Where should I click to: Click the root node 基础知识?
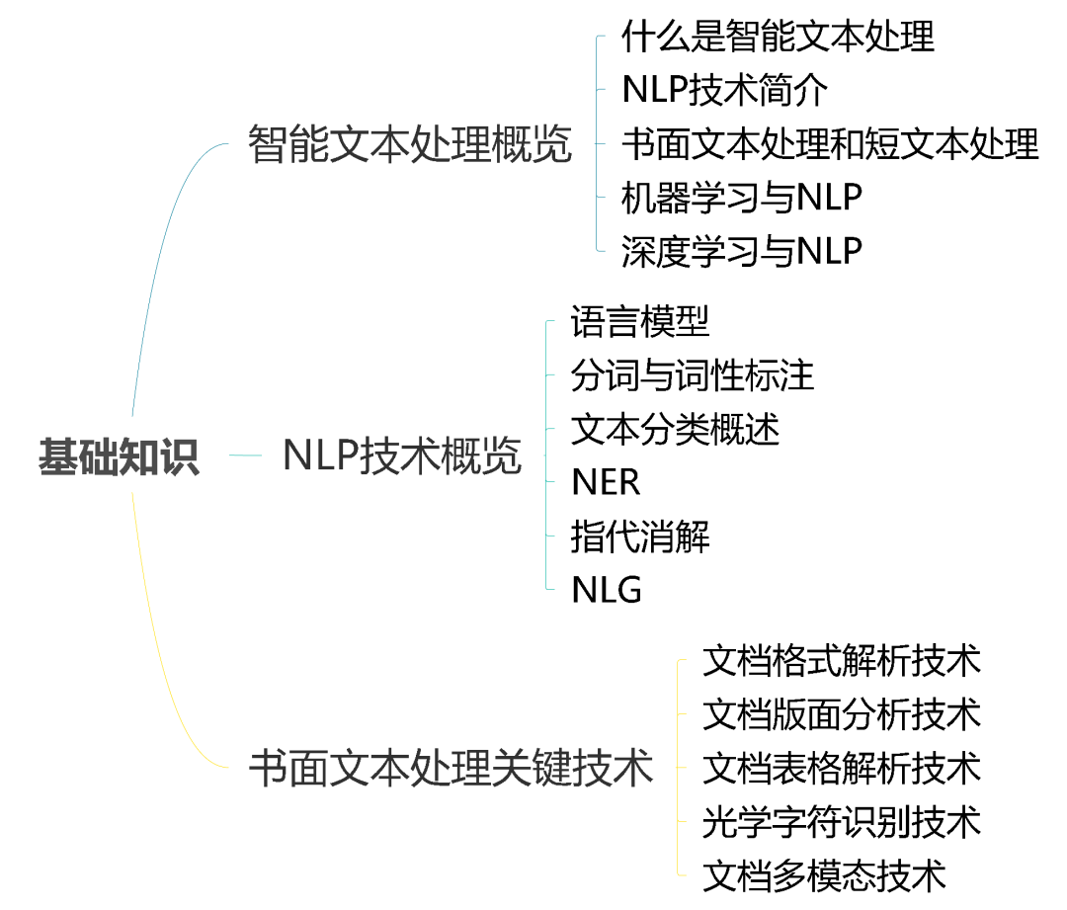coord(119,457)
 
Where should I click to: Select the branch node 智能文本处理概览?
coord(410,144)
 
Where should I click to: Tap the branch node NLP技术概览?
coord(402,456)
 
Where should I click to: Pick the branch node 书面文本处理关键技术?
coord(451,768)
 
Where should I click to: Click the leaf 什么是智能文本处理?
coord(778,38)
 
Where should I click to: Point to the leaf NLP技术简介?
coord(725,91)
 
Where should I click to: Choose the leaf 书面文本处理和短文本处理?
coord(830,144)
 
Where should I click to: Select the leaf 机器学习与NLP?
coord(742,198)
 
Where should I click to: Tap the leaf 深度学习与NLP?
coord(742,251)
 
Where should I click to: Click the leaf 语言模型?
coord(640,322)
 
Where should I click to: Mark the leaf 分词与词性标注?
coord(693,375)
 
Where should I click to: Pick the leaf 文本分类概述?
coord(676,430)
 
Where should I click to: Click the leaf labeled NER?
coord(606,483)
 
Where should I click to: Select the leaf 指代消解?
coord(640,538)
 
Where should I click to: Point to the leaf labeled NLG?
coord(607,591)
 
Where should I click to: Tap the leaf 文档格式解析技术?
coord(842,661)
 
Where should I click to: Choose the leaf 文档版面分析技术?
coord(842,714)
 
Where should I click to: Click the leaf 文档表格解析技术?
coord(842,768)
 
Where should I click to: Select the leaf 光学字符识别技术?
coord(842,821)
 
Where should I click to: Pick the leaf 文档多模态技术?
coord(825,875)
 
